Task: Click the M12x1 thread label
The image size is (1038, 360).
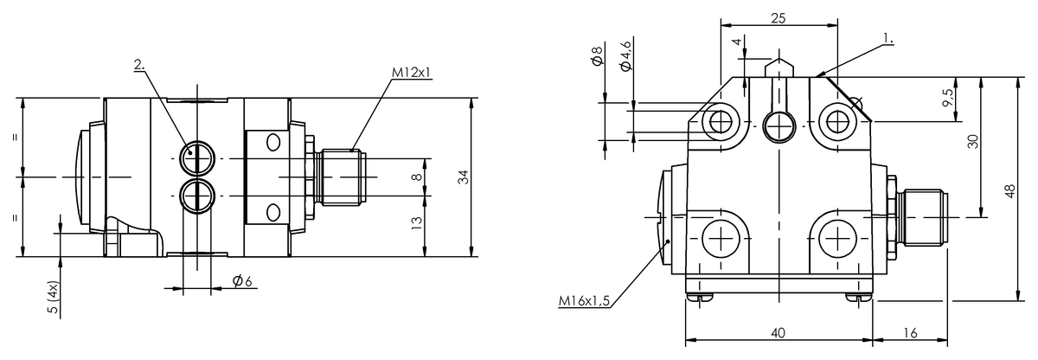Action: pyautogui.click(x=412, y=72)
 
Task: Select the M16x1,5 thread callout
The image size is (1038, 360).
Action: pyautogui.click(x=584, y=300)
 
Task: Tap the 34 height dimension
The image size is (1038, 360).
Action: pyautogui.click(x=464, y=177)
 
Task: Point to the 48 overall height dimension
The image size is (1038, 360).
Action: pyautogui.click(x=1010, y=191)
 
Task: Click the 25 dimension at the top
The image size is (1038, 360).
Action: pyautogui.click(x=778, y=18)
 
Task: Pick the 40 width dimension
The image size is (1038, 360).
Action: pyautogui.click(x=778, y=332)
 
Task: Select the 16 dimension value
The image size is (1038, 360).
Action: pyautogui.click(x=910, y=332)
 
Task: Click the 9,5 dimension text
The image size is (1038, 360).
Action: pyautogui.click(x=949, y=99)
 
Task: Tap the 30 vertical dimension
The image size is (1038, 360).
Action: pyautogui.click(x=973, y=141)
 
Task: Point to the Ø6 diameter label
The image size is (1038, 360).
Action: pyautogui.click(x=242, y=280)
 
